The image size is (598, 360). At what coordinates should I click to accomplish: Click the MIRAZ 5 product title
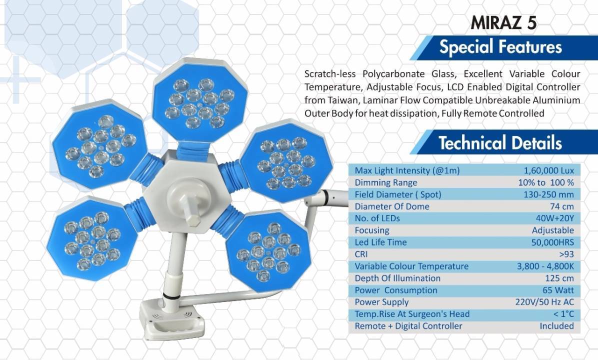[503, 22]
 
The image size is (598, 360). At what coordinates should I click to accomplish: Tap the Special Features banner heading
[500, 47]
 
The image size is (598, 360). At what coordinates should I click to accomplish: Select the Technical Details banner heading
[500, 143]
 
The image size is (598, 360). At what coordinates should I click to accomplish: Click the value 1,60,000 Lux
[549, 170]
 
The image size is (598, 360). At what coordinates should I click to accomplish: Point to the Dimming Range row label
[386, 182]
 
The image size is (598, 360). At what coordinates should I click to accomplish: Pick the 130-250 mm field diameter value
[548, 194]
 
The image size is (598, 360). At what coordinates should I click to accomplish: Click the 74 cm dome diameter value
[562, 206]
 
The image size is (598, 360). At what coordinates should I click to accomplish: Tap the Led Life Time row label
[380, 242]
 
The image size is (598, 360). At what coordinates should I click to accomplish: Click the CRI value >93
[566, 254]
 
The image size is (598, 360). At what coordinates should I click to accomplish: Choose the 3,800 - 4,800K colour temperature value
[545, 266]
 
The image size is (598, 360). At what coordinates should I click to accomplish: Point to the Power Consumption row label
[396, 290]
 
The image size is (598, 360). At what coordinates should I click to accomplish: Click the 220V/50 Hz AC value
[544, 302]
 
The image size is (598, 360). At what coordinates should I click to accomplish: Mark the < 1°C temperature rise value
[563, 314]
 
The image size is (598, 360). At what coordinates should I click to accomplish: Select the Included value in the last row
[557, 326]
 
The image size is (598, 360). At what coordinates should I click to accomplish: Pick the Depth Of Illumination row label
[397, 278]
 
